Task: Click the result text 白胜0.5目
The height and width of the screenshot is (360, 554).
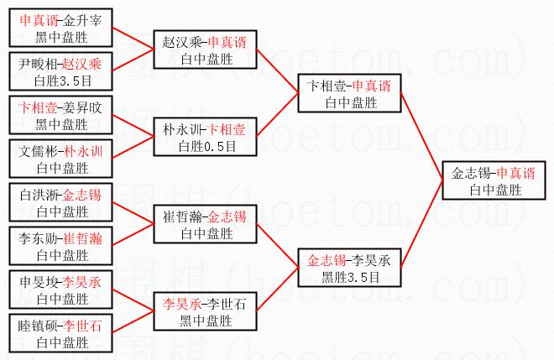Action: [x=206, y=146]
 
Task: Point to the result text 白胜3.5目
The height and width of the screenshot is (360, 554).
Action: [x=61, y=81]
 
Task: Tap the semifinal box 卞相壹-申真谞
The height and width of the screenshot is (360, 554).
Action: [x=349, y=94]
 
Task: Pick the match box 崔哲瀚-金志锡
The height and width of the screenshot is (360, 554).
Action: [x=206, y=225]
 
